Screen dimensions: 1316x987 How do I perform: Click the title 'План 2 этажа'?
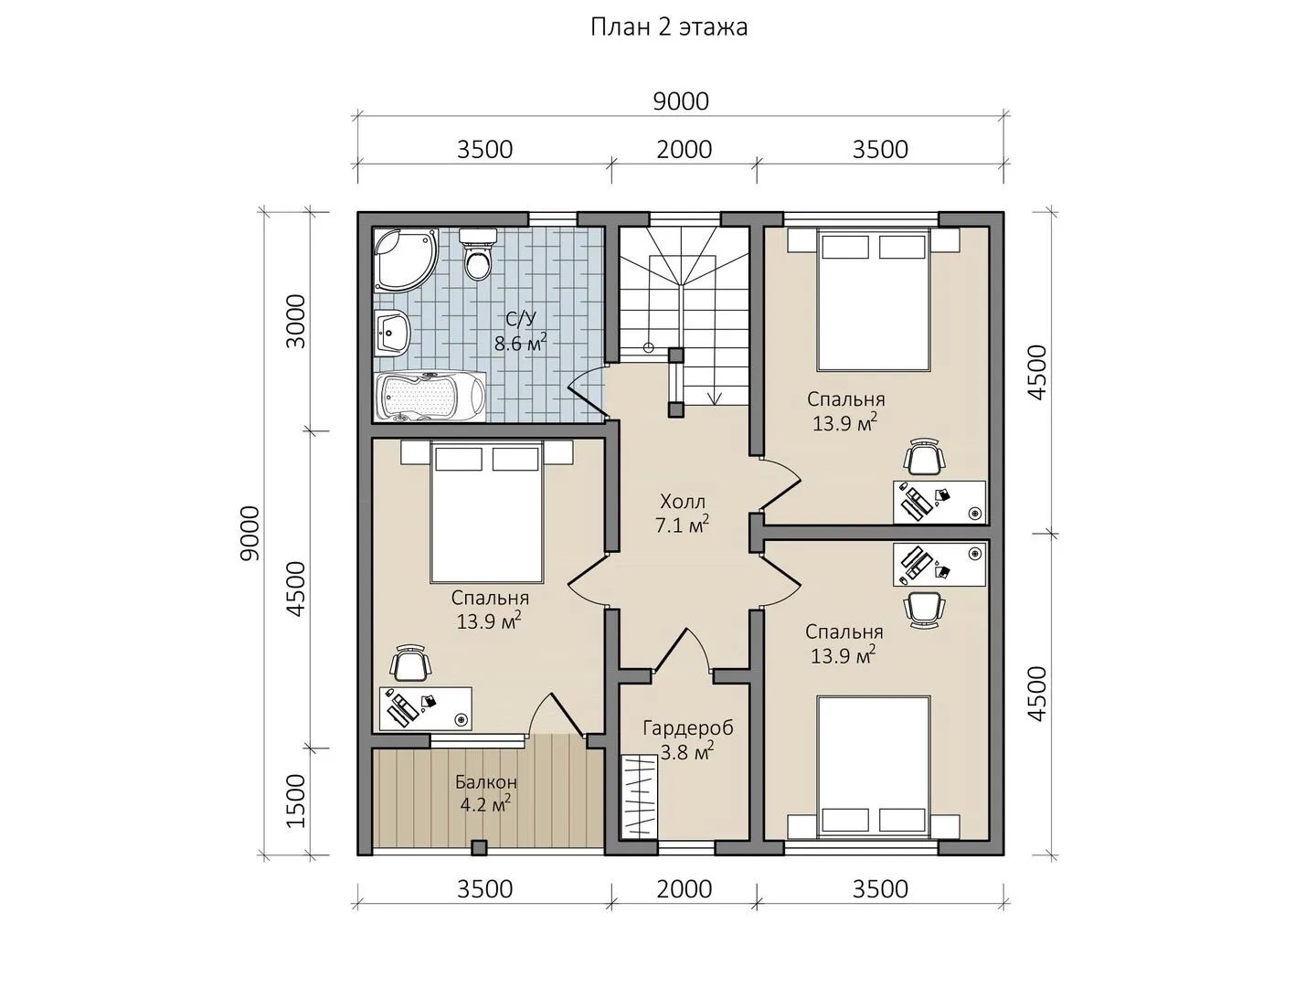(669, 27)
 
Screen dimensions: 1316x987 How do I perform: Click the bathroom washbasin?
(392, 332)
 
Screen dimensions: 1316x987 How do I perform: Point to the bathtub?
(430, 396)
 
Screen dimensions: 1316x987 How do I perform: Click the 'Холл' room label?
(683, 501)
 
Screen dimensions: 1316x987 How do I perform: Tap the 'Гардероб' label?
(687, 728)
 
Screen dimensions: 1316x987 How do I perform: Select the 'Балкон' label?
(485, 782)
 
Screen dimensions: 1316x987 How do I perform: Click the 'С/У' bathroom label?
(520, 319)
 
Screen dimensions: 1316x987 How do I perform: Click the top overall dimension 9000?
(681, 101)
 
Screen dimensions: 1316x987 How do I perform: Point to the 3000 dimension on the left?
(297, 321)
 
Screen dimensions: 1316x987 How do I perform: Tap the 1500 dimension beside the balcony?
(297, 801)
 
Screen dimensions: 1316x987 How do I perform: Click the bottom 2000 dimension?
(685, 888)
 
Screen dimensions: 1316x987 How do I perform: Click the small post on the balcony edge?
(479, 848)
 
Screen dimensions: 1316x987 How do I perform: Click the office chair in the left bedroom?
(410, 663)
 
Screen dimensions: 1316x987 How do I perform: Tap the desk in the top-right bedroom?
(939, 502)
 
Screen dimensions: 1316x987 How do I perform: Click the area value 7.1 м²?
(683, 525)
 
